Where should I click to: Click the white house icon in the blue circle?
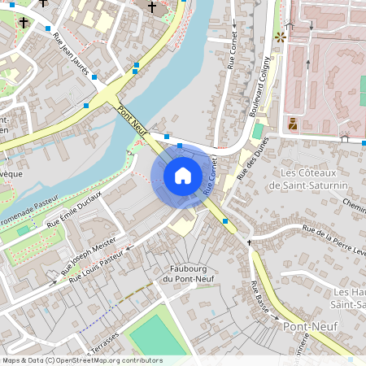click(183, 175)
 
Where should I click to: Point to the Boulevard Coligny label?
click(263, 85)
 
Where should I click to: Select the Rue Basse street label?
click(259, 297)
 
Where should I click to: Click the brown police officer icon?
click(292, 124)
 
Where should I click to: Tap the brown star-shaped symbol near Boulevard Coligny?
click(281, 37)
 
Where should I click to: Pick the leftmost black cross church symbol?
click(24, 24)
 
